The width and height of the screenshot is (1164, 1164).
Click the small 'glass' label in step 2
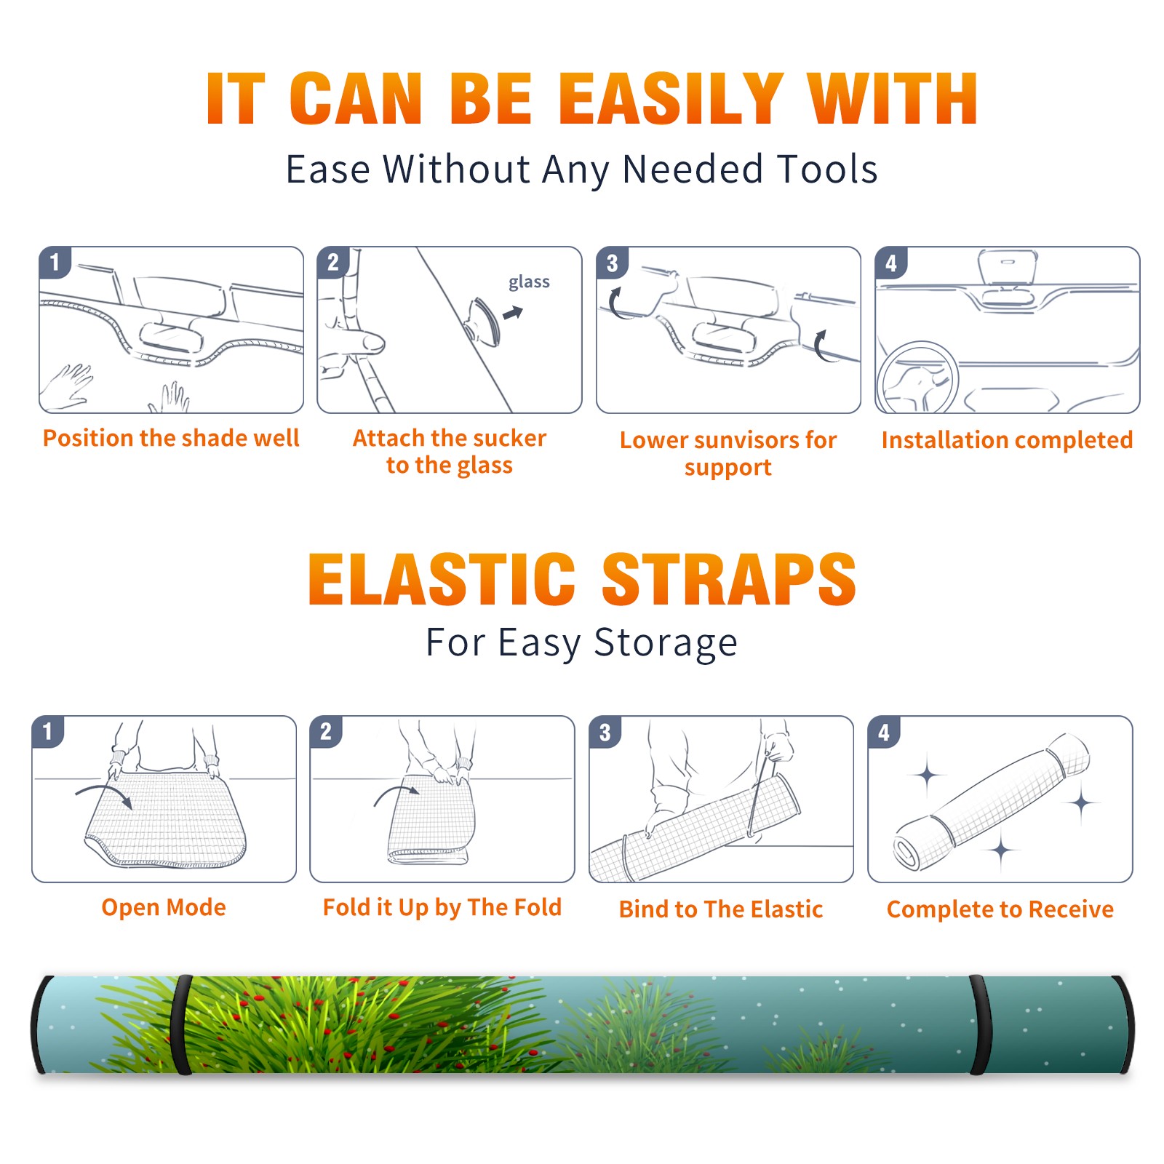coord(529,282)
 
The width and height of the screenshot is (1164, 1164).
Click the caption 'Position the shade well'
coord(171,438)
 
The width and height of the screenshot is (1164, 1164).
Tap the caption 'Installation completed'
coord(1007,440)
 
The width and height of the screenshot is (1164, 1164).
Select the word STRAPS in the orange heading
coord(729,579)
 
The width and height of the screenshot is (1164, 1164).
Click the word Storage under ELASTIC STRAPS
coord(666,643)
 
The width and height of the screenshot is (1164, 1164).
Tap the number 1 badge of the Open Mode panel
coord(48,731)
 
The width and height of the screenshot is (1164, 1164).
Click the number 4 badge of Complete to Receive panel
coord(884,732)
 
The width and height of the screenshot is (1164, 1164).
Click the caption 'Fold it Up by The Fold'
coord(442,907)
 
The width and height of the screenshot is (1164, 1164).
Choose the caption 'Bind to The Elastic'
coord(721,909)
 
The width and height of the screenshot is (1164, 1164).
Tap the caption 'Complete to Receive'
coord(1000,909)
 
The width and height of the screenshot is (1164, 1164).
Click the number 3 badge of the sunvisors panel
coord(612,263)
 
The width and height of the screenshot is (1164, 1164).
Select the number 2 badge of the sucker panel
coord(333,263)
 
